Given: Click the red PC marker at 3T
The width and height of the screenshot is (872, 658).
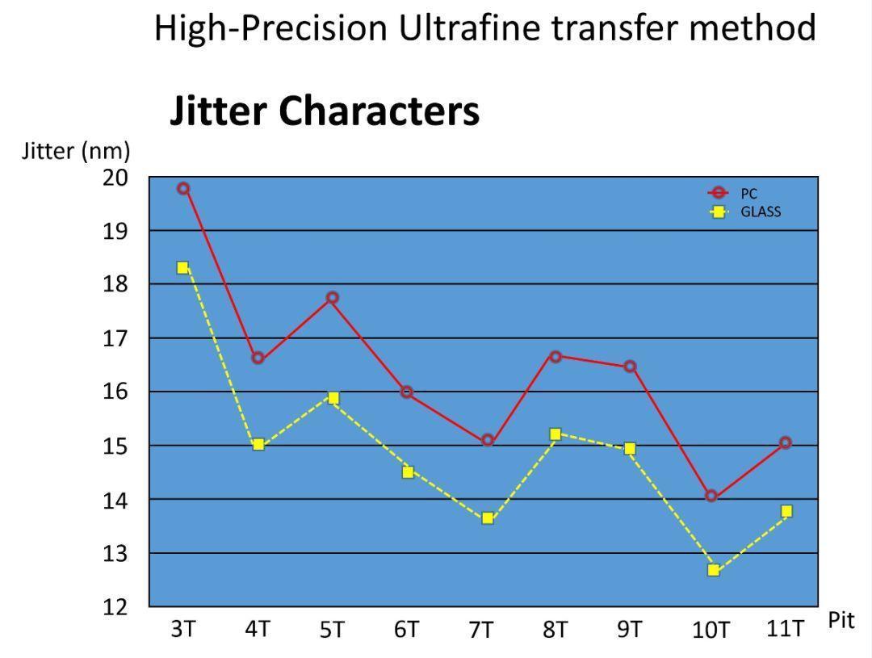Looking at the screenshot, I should click(183, 188).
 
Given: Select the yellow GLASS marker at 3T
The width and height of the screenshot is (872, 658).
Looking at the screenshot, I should click(182, 267).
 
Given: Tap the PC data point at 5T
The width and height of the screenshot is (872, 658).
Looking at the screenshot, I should click(332, 298).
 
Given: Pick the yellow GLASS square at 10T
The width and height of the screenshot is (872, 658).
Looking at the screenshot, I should click(714, 570).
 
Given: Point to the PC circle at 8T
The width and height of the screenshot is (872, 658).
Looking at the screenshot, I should click(555, 356).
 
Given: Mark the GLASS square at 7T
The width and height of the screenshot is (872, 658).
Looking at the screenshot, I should click(488, 518).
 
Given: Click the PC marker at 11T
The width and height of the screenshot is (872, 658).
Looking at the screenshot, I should click(786, 442).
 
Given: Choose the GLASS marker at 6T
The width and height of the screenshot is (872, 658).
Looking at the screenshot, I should click(408, 471).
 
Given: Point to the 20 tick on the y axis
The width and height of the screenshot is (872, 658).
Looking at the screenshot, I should click(115, 177).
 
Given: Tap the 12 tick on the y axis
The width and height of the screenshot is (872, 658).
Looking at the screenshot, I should click(115, 607).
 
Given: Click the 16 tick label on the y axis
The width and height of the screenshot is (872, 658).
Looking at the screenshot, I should click(115, 392).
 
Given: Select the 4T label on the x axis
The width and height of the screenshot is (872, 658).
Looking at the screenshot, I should click(258, 629).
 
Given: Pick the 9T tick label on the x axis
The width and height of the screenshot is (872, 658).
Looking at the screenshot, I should click(630, 629).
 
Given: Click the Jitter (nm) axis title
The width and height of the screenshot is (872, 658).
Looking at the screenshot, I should click(76, 151).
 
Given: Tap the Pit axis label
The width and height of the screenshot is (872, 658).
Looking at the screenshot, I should click(841, 620).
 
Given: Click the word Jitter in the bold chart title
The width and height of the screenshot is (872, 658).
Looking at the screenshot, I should click(220, 111).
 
